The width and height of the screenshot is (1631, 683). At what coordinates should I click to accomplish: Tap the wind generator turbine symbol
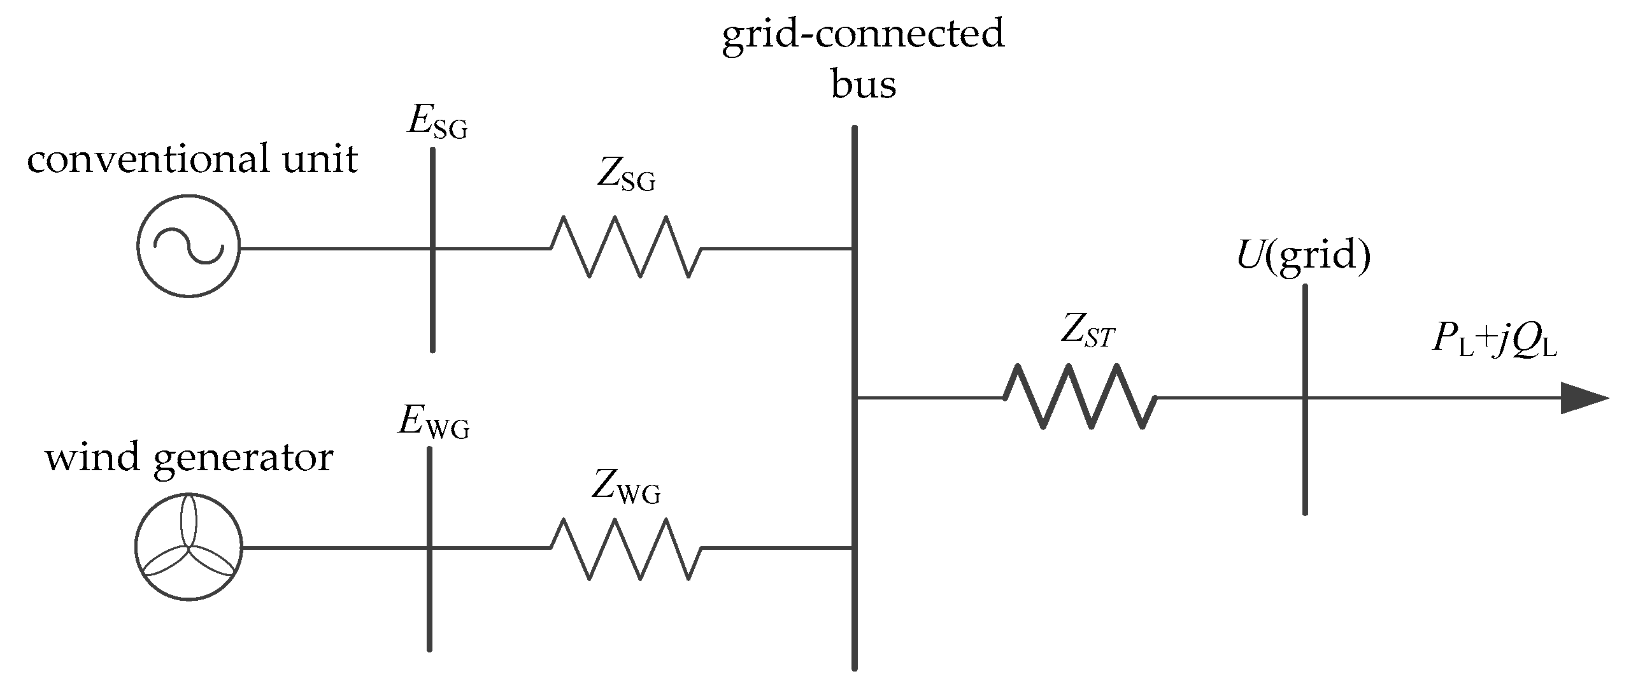point(189,547)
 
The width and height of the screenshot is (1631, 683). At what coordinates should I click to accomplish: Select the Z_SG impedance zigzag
point(626,247)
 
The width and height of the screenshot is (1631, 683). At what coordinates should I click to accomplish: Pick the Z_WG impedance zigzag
point(626,548)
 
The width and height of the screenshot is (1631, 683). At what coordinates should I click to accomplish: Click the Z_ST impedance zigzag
point(1080,396)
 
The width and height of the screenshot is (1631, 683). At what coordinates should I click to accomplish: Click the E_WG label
point(434,422)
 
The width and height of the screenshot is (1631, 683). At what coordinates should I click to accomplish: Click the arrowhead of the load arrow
point(1585,399)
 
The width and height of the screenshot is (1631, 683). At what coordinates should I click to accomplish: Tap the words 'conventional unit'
point(192,159)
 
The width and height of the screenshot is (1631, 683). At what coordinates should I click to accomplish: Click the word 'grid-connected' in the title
point(863,34)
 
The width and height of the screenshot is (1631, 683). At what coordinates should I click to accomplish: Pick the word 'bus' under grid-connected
point(864,84)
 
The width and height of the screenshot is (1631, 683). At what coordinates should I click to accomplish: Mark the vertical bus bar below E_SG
point(432,250)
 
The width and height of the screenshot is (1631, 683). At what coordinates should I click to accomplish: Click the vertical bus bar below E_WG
point(430,549)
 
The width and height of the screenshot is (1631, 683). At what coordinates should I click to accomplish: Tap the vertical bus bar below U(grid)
point(1305,399)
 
